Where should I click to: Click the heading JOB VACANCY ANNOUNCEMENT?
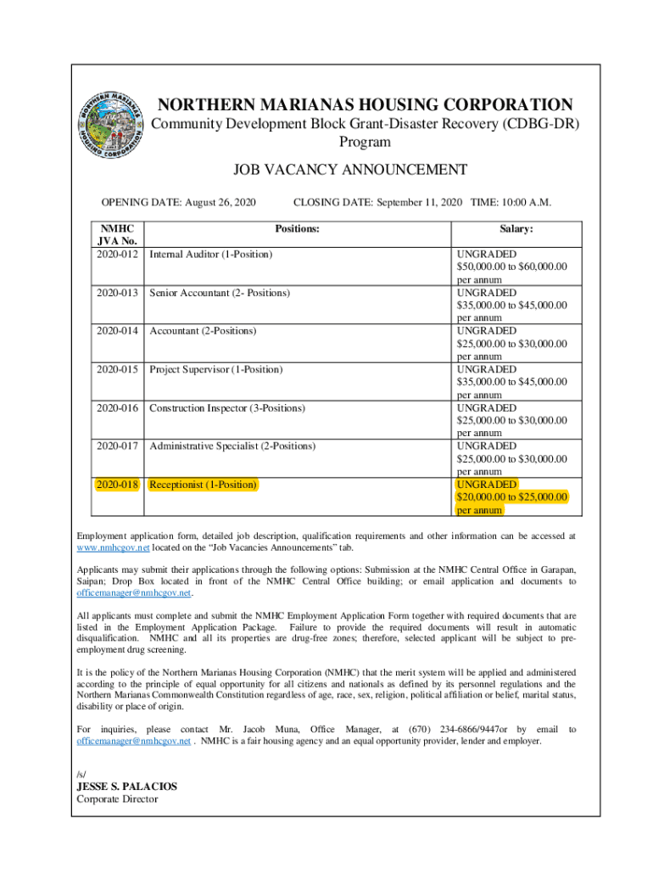pos(350,171)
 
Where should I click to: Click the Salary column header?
pos(516,229)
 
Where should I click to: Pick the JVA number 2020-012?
pos(118,254)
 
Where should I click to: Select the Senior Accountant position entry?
pos(219,293)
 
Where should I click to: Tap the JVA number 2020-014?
pos(118,331)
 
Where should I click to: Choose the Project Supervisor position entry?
pos(215,369)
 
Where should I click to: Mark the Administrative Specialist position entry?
pos(232,446)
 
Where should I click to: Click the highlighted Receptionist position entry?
pos(203,485)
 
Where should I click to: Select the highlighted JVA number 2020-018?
pos(118,485)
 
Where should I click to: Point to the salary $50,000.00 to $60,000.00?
pos(511,266)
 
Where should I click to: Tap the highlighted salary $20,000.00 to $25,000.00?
pos(511,497)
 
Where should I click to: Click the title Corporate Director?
pos(117,799)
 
